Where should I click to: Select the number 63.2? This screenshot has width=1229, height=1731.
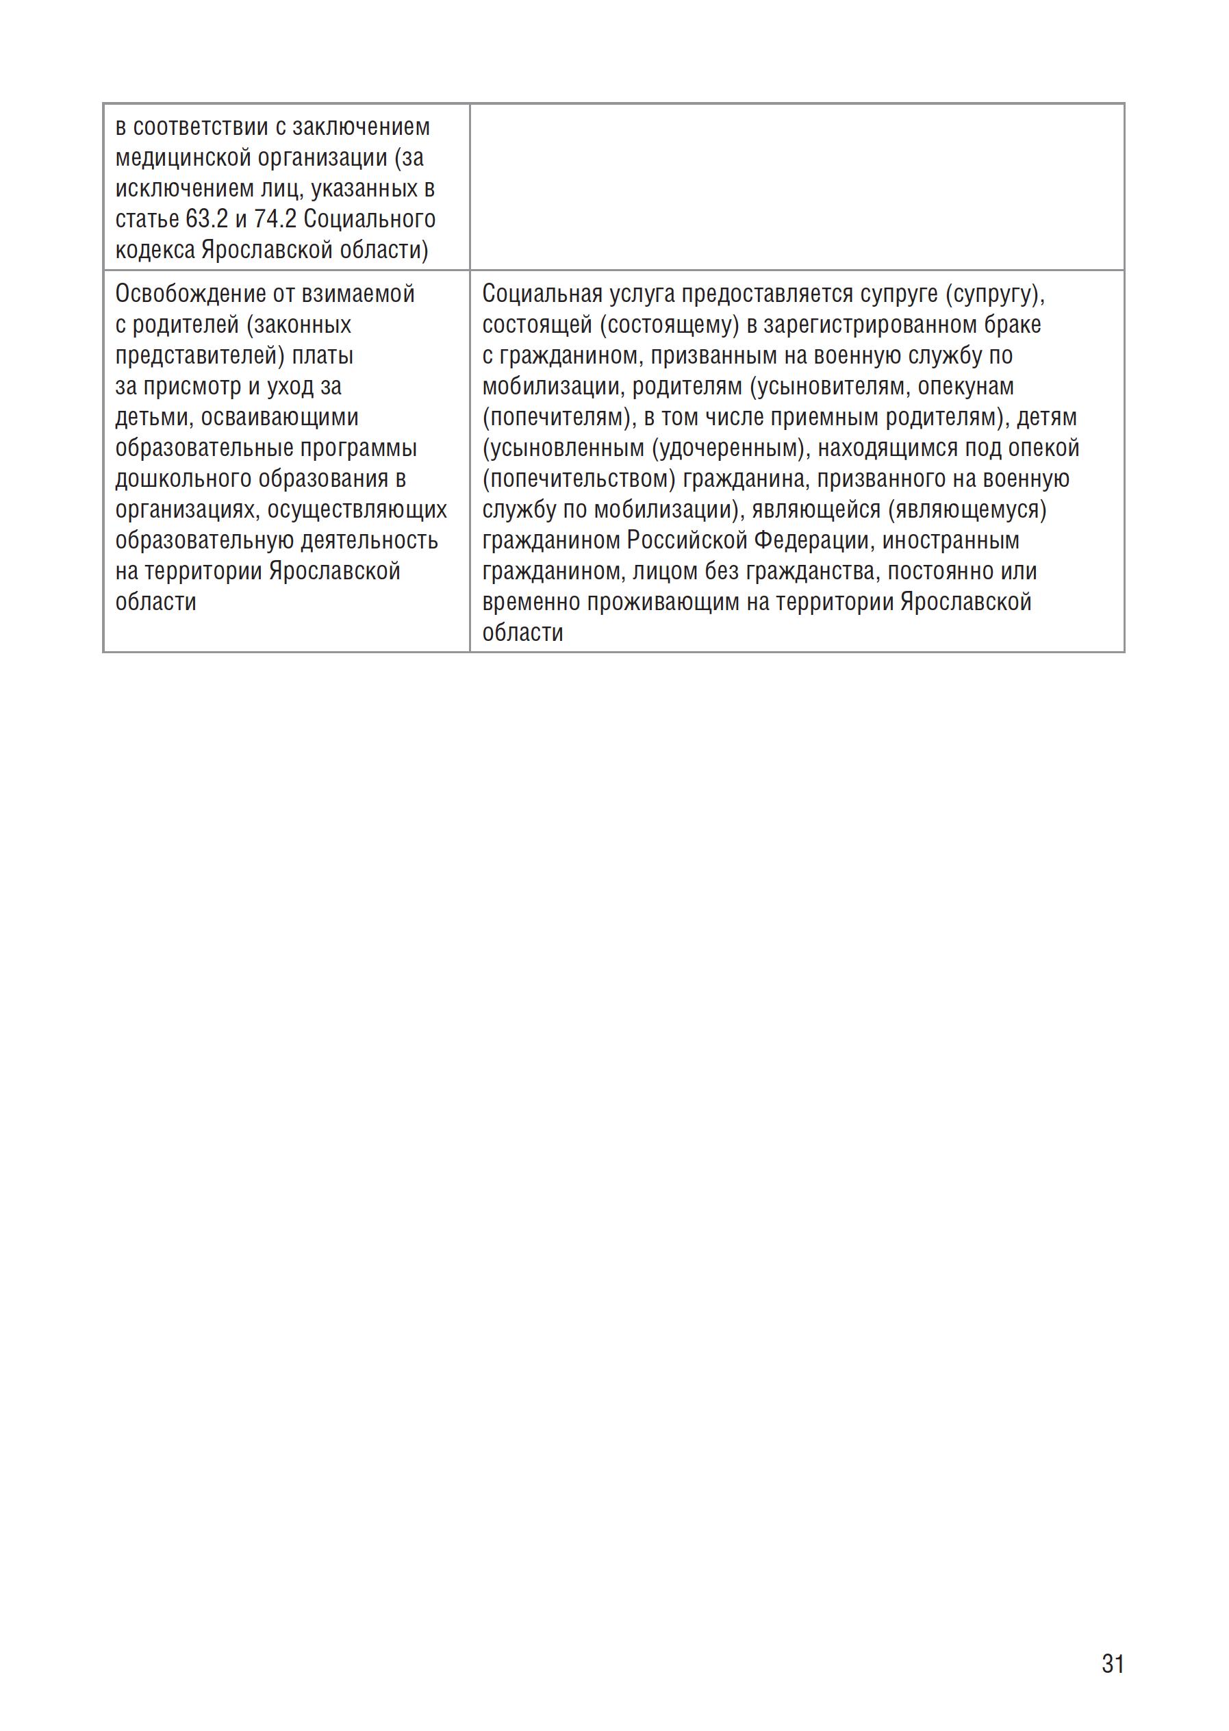pyautogui.click(x=207, y=220)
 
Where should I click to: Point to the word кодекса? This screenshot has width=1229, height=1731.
pyautogui.click(x=155, y=251)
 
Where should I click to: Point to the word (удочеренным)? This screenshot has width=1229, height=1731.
pyautogui.click(x=727, y=448)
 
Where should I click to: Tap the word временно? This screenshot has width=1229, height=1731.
pyautogui.click(x=531, y=603)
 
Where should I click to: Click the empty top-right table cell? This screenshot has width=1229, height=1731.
pyautogui.click(x=796, y=187)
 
